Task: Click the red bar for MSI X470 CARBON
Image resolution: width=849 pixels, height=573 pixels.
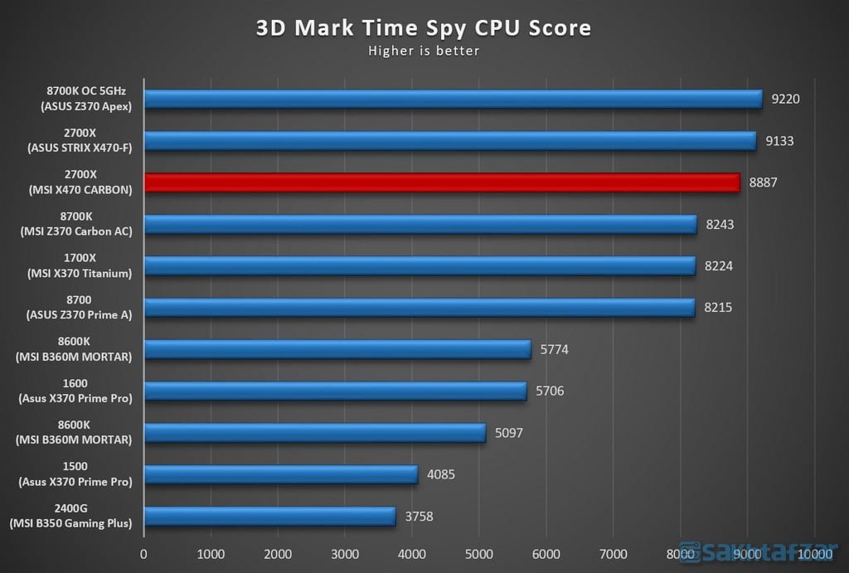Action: point(441,182)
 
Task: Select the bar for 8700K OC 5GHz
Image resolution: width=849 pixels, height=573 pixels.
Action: point(453,100)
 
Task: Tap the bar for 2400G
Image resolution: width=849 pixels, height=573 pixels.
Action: point(269,516)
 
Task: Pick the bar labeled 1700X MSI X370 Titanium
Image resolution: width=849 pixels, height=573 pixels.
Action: point(420,265)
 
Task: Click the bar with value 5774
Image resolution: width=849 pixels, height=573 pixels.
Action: point(337,349)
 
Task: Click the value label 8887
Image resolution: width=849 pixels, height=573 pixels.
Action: point(763,182)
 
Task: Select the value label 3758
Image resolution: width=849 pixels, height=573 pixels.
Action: point(419,517)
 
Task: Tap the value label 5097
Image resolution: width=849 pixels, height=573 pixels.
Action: point(509,433)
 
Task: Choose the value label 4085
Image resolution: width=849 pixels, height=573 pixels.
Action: point(441,474)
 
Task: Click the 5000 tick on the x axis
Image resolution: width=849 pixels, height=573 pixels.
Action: point(479,553)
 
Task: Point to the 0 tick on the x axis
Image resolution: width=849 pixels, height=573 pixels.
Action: point(144,553)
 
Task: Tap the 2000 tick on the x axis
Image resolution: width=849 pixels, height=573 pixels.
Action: point(279,553)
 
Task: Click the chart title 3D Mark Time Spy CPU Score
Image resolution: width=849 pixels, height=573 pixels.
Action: point(424,28)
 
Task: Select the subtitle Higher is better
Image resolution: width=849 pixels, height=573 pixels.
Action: point(424,51)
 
